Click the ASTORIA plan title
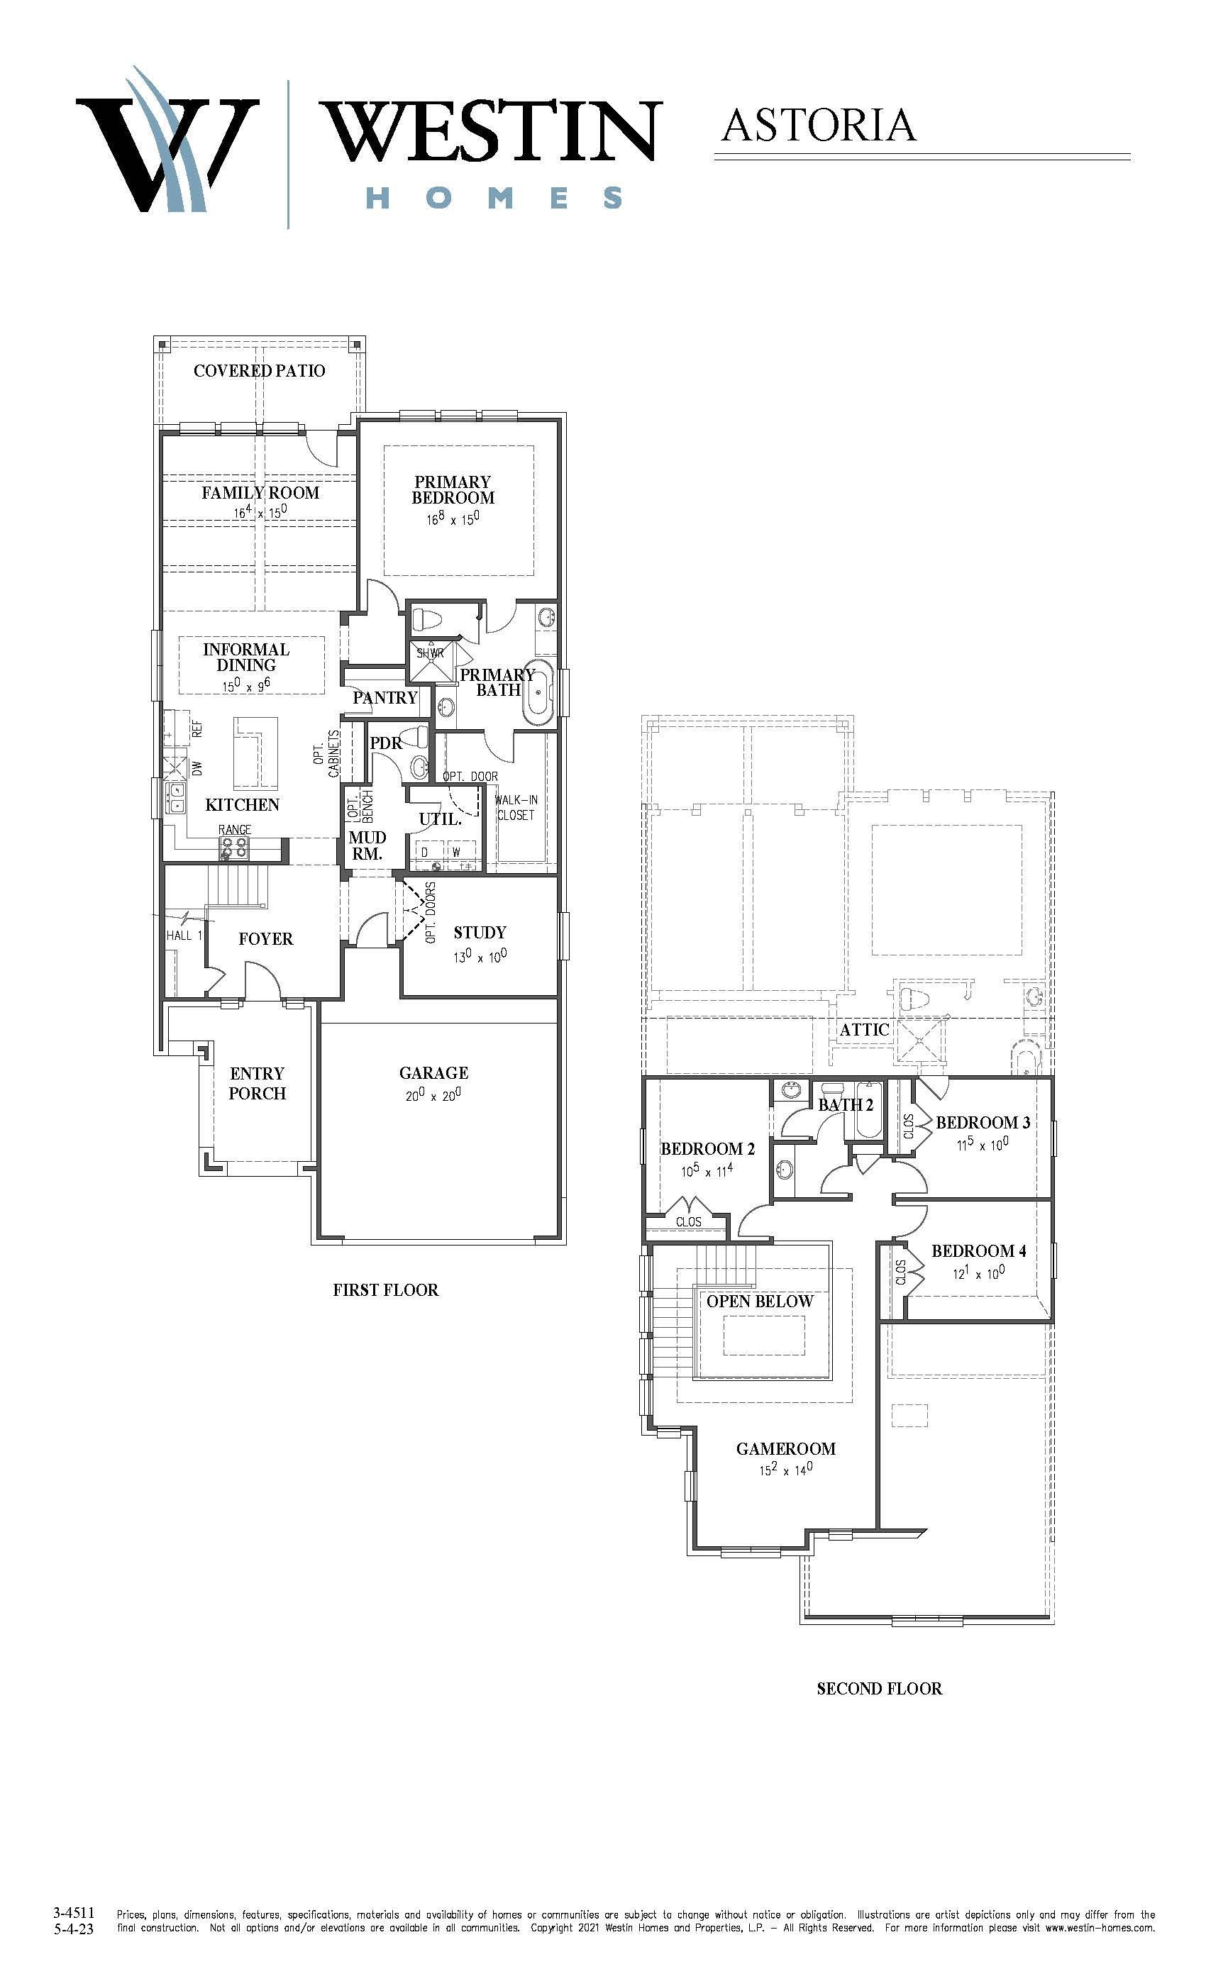pyautogui.click(x=818, y=125)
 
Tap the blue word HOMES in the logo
pyautogui.click(x=494, y=197)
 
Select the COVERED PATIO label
pyautogui.click(x=260, y=371)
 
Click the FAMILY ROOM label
pyautogui.click(x=260, y=492)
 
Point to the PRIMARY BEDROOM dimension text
pyautogui.click(x=453, y=519)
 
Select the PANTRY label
pyautogui.click(x=385, y=698)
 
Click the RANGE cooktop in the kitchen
pyautogui.click(x=235, y=846)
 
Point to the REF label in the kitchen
pyautogui.click(x=197, y=728)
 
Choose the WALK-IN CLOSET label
pyautogui.click(x=516, y=808)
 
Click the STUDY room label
pyautogui.click(x=480, y=933)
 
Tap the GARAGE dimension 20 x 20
pyautogui.click(x=433, y=1094)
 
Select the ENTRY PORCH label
pyautogui.click(x=257, y=1083)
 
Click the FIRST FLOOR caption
pyautogui.click(x=386, y=1289)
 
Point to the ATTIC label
pyautogui.click(x=864, y=1029)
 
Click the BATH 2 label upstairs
pyautogui.click(x=846, y=1105)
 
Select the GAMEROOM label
pyautogui.click(x=786, y=1448)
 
